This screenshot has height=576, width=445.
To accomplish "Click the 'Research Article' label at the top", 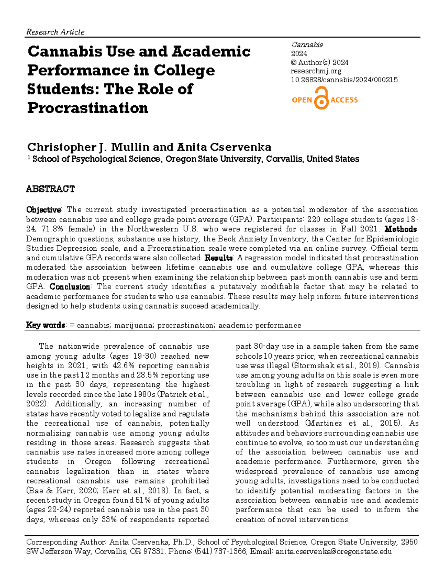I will (55, 32).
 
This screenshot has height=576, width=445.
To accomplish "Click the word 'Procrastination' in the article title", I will (88, 108).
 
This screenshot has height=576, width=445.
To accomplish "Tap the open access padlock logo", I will (322, 99).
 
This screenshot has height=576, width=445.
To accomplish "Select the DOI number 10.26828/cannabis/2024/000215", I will (344, 80).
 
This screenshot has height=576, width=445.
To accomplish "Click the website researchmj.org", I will (316, 71).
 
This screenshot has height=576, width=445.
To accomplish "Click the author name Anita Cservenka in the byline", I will (224, 147).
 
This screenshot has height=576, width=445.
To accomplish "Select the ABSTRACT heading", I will (50, 189).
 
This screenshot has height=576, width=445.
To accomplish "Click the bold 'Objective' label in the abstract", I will (43, 210).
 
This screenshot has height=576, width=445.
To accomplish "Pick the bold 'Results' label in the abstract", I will (219, 258).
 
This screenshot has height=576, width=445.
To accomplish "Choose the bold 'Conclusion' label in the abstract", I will (70, 287).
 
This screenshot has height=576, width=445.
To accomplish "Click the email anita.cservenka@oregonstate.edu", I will (333, 552).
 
